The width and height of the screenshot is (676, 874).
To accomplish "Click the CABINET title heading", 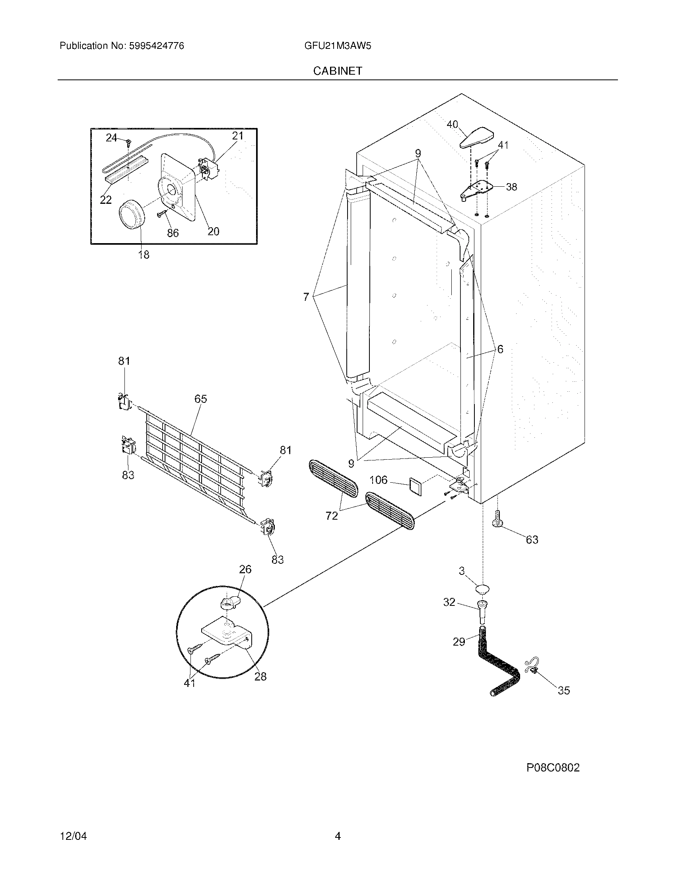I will [338, 71].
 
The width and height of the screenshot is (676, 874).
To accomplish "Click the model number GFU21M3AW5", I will [338, 46].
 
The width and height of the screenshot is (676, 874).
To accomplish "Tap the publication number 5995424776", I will [157, 46].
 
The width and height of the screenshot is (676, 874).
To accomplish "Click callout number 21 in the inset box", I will [238, 136].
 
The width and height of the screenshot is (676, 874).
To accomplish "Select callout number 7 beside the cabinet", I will [306, 297].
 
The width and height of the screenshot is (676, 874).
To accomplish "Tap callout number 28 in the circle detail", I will [260, 676].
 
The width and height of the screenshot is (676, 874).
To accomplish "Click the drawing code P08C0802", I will [553, 768].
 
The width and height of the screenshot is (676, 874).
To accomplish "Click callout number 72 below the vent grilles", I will [332, 516].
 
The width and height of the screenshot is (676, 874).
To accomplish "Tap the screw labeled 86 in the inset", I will [162, 215].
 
